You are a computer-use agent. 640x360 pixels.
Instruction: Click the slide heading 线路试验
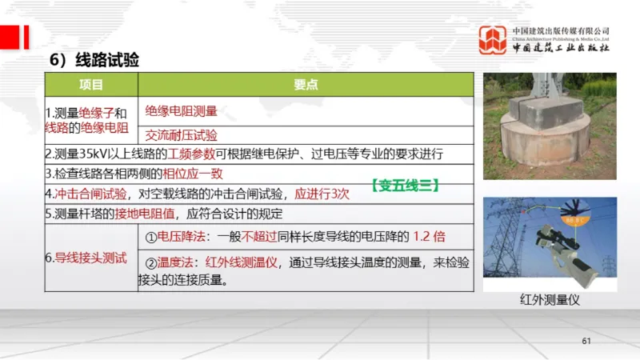[x=106, y=60]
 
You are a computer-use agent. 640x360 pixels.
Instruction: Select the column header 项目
[x=91, y=84]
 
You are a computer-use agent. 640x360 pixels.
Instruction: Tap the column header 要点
[x=307, y=84]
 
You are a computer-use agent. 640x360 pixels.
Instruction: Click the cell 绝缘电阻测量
[x=182, y=110]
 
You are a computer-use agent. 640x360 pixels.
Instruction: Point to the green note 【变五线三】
[x=405, y=184]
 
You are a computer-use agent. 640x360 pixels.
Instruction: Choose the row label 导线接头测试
[x=90, y=257]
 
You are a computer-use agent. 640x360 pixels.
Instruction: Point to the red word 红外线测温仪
[x=242, y=263]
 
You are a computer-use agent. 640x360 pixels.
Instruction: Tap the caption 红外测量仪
[x=549, y=299]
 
